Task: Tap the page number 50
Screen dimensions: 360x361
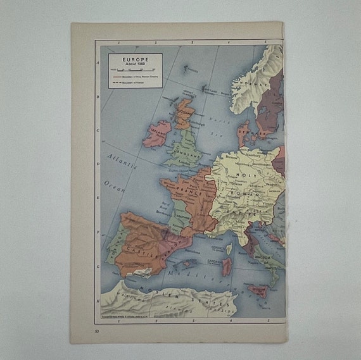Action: [x=96, y=330]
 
